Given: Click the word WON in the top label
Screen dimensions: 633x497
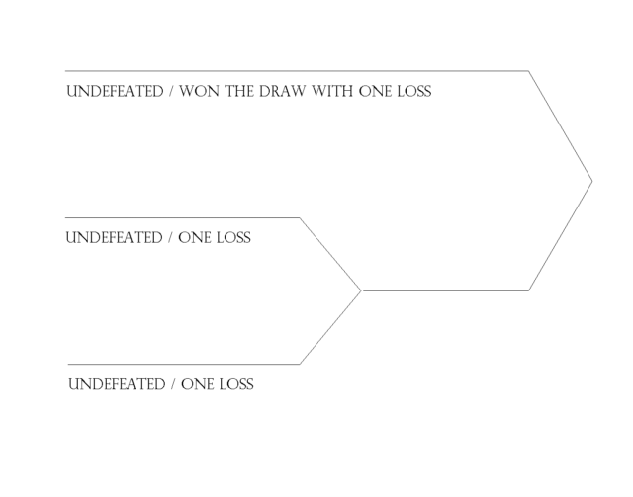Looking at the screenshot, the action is [200, 91].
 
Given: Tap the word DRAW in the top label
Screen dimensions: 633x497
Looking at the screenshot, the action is [282, 91].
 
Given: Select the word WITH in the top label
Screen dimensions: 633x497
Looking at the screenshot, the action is [332, 91].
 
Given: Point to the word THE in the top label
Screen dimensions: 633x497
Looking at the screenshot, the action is [239, 91].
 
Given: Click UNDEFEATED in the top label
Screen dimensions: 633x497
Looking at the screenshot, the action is [115, 91].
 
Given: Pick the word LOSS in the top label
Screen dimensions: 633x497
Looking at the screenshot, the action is [414, 91].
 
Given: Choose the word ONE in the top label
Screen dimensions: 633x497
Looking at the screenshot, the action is [376, 91].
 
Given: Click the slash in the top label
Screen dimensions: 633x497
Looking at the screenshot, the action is [171, 92].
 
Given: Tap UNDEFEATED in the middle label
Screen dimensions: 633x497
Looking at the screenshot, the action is [114, 237].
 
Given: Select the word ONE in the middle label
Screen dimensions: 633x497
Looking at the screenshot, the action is [195, 237].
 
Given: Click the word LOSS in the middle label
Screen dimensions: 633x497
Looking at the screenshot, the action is [233, 237].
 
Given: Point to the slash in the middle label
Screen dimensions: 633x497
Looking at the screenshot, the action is [170, 238].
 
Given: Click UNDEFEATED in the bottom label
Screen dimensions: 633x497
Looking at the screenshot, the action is [117, 384].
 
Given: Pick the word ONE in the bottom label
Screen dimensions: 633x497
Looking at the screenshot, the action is [198, 384].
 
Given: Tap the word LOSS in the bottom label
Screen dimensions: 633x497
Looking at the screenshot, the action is [236, 384].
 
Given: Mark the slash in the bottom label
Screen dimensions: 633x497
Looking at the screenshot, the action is [173, 384].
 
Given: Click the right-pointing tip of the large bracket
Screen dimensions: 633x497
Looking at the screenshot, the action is [591, 182].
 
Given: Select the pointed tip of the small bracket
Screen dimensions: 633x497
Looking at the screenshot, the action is [360, 290].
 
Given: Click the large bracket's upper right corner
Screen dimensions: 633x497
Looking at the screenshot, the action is [528, 71].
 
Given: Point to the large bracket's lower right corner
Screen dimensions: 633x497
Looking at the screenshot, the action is [528, 290].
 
